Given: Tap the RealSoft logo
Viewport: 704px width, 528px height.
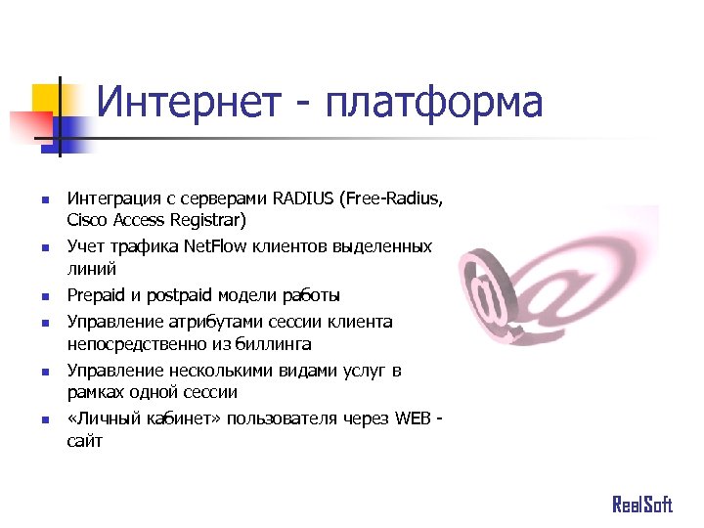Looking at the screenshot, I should click(x=642, y=505).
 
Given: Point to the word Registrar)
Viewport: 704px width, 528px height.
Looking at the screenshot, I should click(x=210, y=220).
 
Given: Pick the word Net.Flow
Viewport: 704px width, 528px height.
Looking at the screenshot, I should click(x=213, y=246).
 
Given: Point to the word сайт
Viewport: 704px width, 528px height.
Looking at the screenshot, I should click(x=84, y=441).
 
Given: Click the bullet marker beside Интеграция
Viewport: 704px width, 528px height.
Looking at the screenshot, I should click(x=44, y=200).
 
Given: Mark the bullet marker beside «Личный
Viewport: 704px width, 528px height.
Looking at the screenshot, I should click(x=44, y=419).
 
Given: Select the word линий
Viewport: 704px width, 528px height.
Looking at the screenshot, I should click(x=91, y=268).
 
